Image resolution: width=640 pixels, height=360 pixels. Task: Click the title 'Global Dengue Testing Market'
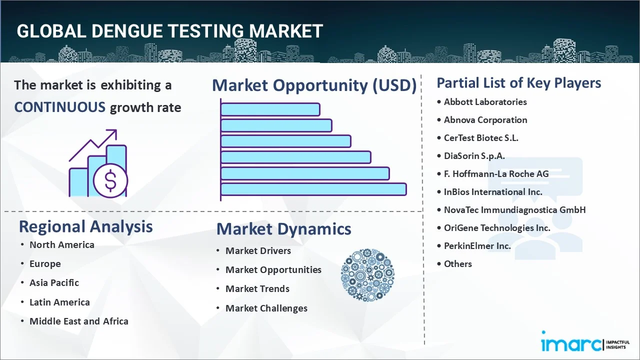pyautogui.click(x=169, y=31)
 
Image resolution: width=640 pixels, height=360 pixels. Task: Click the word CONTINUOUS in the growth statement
pyautogui.click(x=59, y=107)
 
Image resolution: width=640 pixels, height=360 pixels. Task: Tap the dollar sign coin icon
pyautogui.click(x=110, y=181)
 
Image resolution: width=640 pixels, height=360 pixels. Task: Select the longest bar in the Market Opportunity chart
pyautogui.click(x=313, y=189)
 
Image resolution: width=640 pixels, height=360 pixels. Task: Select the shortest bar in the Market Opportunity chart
pyautogui.click(x=270, y=109)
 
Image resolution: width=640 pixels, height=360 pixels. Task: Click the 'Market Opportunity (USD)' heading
pyautogui.click(x=314, y=85)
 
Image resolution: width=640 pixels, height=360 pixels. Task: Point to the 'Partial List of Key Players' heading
pyautogui.click(x=518, y=82)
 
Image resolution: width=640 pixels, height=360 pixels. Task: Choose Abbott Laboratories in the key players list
pyautogui.click(x=485, y=102)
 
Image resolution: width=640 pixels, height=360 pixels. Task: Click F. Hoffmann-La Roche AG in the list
pyautogui.click(x=496, y=174)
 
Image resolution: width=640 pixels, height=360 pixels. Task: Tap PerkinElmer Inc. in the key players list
pyautogui.click(x=477, y=246)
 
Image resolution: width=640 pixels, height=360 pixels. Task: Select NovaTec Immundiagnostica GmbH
pyautogui.click(x=514, y=210)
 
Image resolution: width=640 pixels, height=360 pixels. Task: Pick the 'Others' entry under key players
pyautogui.click(x=457, y=264)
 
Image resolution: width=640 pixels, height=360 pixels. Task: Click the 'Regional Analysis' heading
pyautogui.click(x=85, y=226)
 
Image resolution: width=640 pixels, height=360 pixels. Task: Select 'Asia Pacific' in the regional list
pyautogui.click(x=54, y=283)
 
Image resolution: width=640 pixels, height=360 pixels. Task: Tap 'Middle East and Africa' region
pyautogui.click(x=78, y=321)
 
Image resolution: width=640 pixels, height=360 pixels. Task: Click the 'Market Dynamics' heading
pyautogui.click(x=283, y=229)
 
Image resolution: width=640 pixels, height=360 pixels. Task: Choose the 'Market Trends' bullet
pyautogui.click(x=257, y=289)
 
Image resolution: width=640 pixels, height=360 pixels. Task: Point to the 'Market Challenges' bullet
pyautogui.click(x=266, y=308)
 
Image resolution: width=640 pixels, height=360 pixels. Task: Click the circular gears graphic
pyautogui.click(x=367, y=275)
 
